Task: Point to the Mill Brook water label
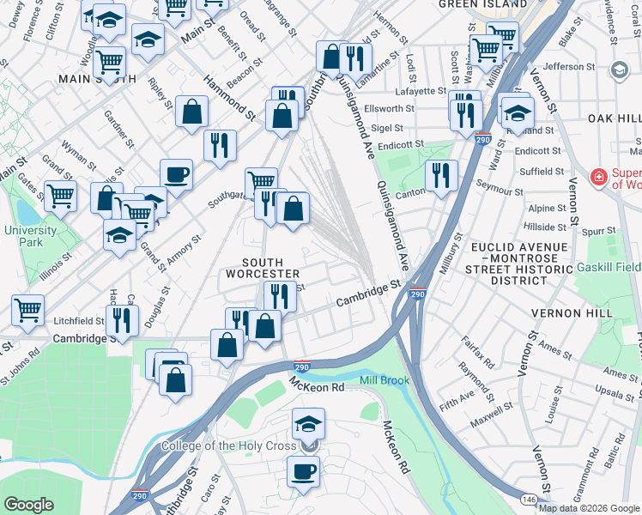point(385,379)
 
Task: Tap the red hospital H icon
point(598,178)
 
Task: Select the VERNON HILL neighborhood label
point(586,313)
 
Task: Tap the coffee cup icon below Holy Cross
point(303,471)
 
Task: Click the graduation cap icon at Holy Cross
point(308,424)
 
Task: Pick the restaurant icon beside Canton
point(441,176)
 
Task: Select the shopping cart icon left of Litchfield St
point(28,311)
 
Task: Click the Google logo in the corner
point(28,504)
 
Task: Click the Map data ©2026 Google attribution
point(589,508)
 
